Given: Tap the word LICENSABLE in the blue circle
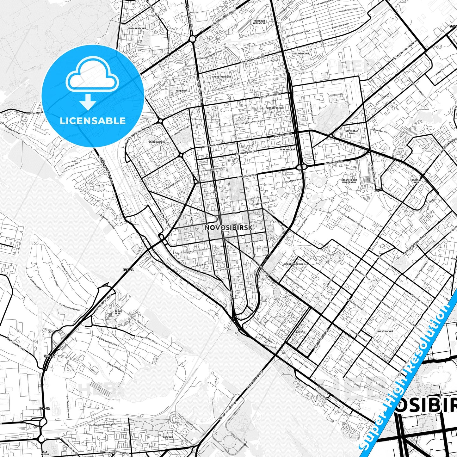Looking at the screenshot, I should pyautogui.click(x=93, y=120).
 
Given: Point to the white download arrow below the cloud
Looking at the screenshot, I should pyautogui.click(x=88, y=102).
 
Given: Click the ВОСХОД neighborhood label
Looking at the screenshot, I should pyautogui.click(x=300, y=332).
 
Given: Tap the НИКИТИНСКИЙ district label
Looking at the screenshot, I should pyautogui.click(x=385, y=331).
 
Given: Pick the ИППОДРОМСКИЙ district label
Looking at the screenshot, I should pyautogui.click(x=275, y=108).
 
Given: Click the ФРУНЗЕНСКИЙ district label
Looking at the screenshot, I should pyautogui.click(x=287, y=149).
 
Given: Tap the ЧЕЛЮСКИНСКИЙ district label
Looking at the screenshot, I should pyautogui.click(x=157, y=142).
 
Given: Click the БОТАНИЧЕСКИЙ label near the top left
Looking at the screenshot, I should pyautogui.click(x=138, y=28).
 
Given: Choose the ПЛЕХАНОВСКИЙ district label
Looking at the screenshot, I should pyautogui.click(x=300, y=54).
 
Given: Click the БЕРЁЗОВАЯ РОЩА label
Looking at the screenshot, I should pyautogui.click(x=352, y=132).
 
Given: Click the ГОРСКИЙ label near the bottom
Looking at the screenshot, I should pyautogui.click(x=168, y=437).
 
